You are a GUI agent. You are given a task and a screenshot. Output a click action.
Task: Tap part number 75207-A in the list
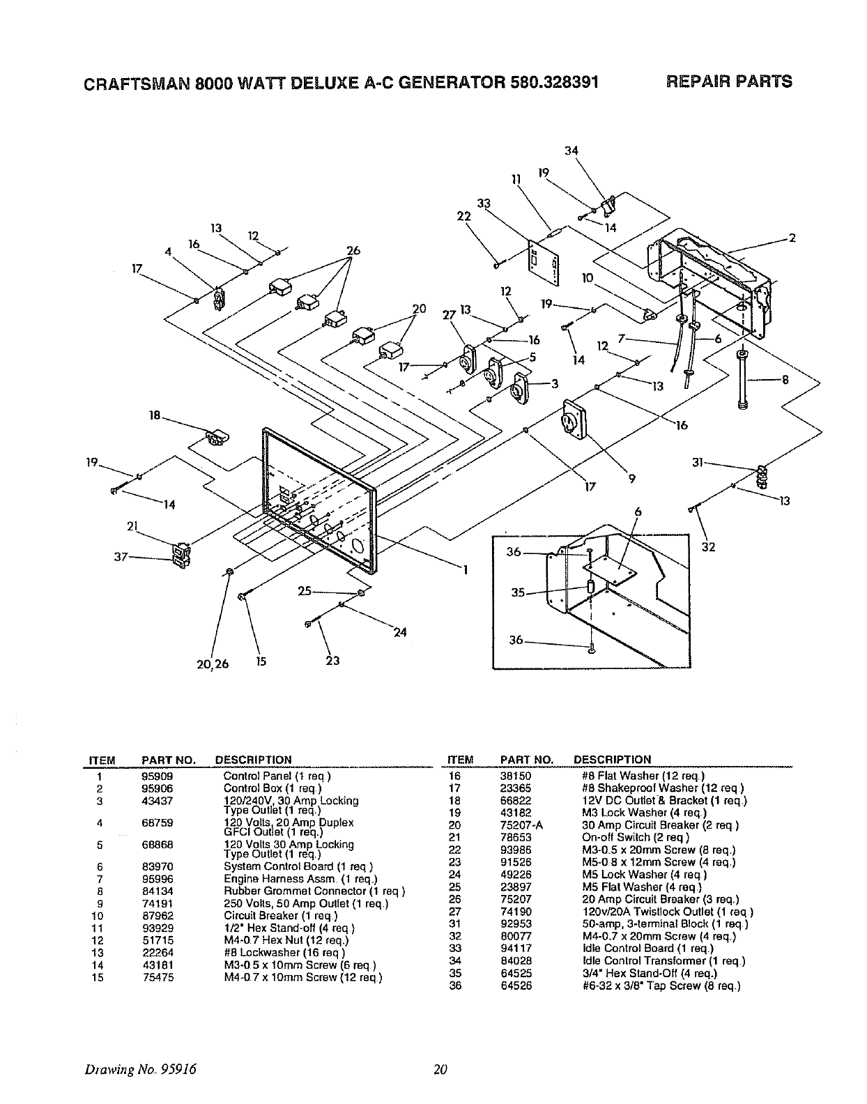[522, 825]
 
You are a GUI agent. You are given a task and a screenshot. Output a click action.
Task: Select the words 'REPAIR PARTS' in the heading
[729, 82]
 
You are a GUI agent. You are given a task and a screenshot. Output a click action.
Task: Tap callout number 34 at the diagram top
[572, 151]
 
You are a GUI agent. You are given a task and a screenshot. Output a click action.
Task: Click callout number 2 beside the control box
[791, 238]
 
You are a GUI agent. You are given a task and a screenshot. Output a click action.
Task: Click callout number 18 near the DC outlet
[155, 415]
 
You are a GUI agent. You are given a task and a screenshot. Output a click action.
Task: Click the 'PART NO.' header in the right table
[527, 759]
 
